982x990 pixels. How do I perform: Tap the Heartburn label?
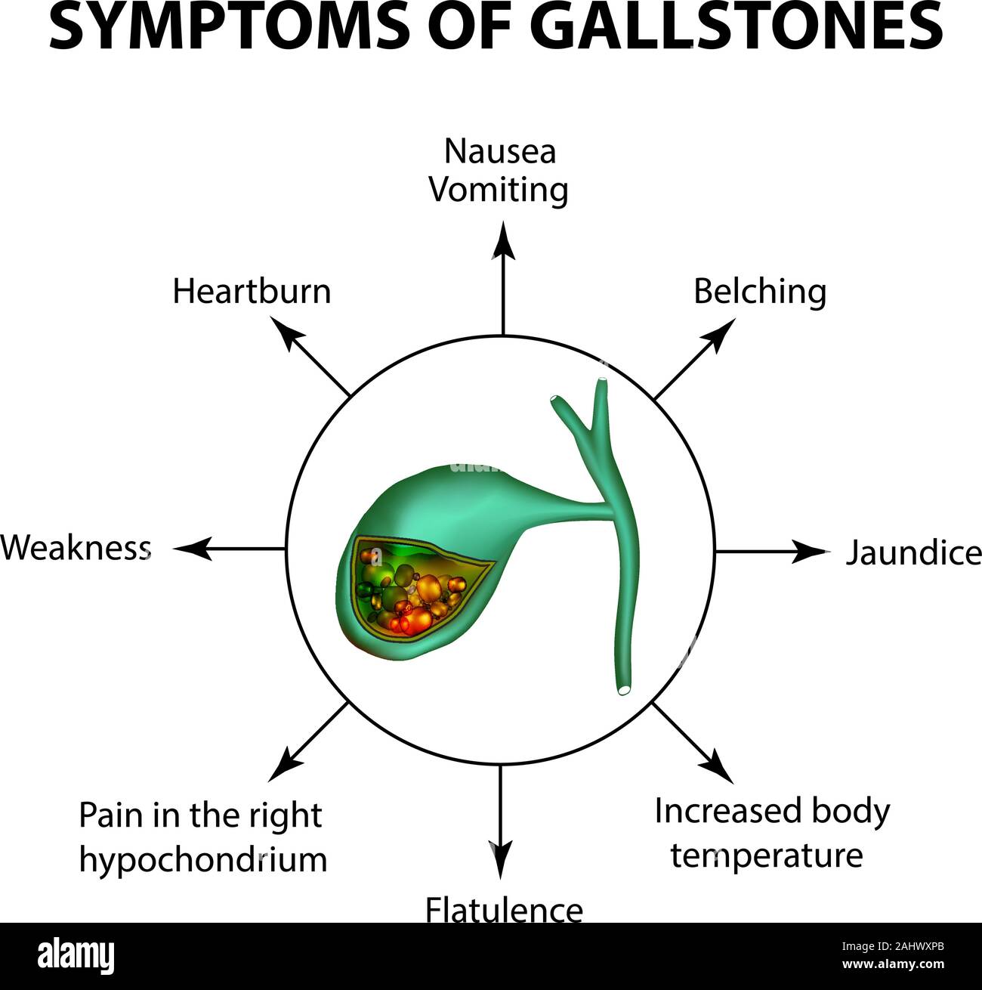[x=252, y=292]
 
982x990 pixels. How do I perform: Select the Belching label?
[x=760, y=292]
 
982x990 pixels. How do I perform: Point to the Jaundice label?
[x=913, y=553]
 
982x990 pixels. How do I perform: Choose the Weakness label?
[x=76, y=548]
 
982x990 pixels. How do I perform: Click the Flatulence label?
[x=504, y=909]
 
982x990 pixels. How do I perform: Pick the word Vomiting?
[x=499, y=190]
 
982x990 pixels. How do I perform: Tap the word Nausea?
[x=499, y=152]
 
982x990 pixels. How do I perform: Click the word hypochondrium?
[x=203, y=860]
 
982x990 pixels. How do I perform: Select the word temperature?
[x=767, y=855]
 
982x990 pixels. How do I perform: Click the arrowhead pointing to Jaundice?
[x=816, y=552]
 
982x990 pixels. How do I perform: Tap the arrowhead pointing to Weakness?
[x=189, y=549]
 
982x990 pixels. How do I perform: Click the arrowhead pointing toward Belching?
[x=721, y=331]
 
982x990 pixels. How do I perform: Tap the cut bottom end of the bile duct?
[x=624, y=689]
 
